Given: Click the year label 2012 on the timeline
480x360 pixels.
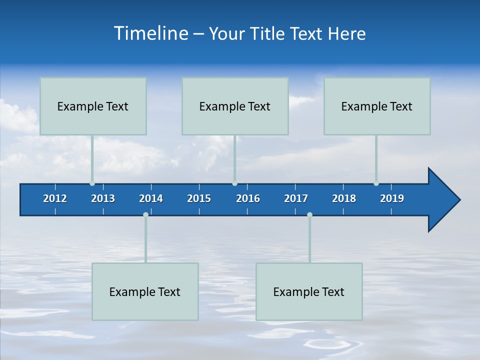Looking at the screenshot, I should tap(55, 198).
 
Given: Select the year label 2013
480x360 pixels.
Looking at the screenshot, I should tap(103, 198).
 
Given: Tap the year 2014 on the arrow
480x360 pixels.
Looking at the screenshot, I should tap(151, 198).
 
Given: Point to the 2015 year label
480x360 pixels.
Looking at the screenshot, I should tap(199, 198).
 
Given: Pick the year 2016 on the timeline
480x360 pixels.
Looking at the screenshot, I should tap(248, 198).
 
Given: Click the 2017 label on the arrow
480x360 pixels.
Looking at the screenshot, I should tap(296, 198).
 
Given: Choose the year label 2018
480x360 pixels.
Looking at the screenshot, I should tap(344, 198).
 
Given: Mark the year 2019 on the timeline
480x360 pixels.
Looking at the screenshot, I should tap(392, 198).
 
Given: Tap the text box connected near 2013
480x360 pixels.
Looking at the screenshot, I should tap(93, 106).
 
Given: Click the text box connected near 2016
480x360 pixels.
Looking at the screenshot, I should tap(235, 106).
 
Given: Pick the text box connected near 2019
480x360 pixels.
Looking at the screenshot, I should tap(377, 106).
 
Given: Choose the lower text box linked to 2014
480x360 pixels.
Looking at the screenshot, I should tap(145, 291).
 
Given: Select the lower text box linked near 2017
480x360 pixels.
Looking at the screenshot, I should tap(309, 291).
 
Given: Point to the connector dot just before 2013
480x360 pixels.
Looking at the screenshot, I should tap(92, 183).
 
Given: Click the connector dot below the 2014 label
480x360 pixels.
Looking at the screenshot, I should tap(145, 214).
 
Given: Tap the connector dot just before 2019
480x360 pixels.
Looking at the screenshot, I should tap(376, 183).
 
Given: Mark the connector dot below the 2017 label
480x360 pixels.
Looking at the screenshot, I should tap(309, 214).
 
